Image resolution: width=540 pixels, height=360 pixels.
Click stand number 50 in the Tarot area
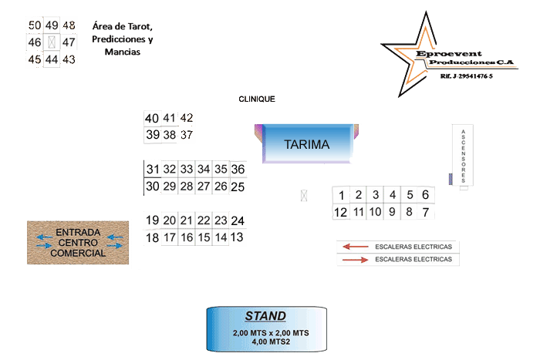pos(35,25)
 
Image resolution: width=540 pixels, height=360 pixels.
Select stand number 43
pos(69,59)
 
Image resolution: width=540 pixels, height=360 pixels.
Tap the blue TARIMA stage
pos(306,144)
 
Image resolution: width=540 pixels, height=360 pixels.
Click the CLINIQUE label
pos(257,99)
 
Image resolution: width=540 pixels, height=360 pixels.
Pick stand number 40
pos(152,119)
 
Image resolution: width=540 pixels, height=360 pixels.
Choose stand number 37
pos(186,135)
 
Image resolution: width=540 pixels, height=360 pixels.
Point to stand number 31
pos(153,170)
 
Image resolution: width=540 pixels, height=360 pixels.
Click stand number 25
pos(238,187)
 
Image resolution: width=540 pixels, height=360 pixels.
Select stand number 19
pos(153,220)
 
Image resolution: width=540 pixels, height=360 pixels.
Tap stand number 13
pos(237,237)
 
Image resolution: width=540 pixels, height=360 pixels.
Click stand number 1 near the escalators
pos(341,195)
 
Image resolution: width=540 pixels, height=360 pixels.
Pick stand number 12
pos(340,212)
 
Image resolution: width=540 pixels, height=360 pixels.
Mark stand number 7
pos(425,212)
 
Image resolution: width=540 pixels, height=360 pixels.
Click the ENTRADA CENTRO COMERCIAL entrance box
pos(77,242)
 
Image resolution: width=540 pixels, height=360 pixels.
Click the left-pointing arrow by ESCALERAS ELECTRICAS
pos(356,247)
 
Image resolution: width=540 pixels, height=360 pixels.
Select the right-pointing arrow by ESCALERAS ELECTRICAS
pos(356,260)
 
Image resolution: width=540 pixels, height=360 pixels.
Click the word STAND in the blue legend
pos(265,316)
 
